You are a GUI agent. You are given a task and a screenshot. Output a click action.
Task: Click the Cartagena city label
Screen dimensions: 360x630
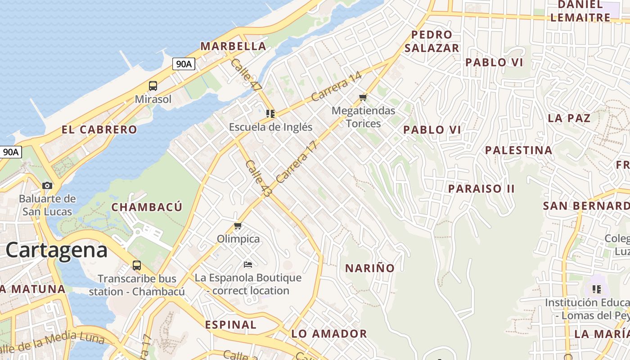[x=57, y=250]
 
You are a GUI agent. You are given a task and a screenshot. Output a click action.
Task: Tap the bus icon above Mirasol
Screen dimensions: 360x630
[x=153, y=86]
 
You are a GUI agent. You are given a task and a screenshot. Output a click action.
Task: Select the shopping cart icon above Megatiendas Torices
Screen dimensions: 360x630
[x=363, y=97]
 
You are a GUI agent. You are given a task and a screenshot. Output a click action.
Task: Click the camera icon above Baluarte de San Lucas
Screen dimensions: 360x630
[x=47, y=185]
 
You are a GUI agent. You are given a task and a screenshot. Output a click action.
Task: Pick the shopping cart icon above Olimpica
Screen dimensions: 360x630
[x=238, y=225]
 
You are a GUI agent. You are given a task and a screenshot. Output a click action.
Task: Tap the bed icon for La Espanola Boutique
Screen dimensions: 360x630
[x=248, y=264]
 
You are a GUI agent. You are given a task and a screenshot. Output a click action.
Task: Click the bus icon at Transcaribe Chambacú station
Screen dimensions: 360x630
[x=137, y=265]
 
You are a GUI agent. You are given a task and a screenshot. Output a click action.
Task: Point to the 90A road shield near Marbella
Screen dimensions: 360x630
[x=184, y=64]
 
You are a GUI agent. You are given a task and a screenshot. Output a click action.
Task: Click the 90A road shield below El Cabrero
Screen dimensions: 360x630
[x=11, y=152]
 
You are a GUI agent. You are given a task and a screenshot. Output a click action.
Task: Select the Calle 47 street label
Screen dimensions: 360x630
[x=246, y=75]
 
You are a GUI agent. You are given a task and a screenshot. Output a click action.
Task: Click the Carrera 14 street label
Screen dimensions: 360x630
[x=336, y=87]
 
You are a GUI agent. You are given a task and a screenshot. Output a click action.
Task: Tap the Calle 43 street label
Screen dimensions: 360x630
[x=259, y=178]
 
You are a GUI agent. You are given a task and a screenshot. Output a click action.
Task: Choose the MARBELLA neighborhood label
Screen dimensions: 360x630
[x=233, y=46]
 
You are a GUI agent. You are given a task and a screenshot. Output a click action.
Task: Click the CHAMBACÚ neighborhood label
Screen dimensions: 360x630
[x=147, y=207]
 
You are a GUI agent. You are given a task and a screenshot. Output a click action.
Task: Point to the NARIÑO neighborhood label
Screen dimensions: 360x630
[x=369, y=268]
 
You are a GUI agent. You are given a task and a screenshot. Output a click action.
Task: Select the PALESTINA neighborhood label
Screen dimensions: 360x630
[x=518, y=150]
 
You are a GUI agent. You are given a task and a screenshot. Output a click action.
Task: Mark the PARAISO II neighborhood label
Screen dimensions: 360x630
[x=481, y=189]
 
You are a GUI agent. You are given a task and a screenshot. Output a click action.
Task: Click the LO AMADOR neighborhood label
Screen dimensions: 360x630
[x=329, y=334]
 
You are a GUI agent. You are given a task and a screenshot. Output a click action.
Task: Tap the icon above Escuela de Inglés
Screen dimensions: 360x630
[x=270, y=114]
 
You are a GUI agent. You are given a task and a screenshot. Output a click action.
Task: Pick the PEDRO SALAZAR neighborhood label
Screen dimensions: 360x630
[x=432, y=41]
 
